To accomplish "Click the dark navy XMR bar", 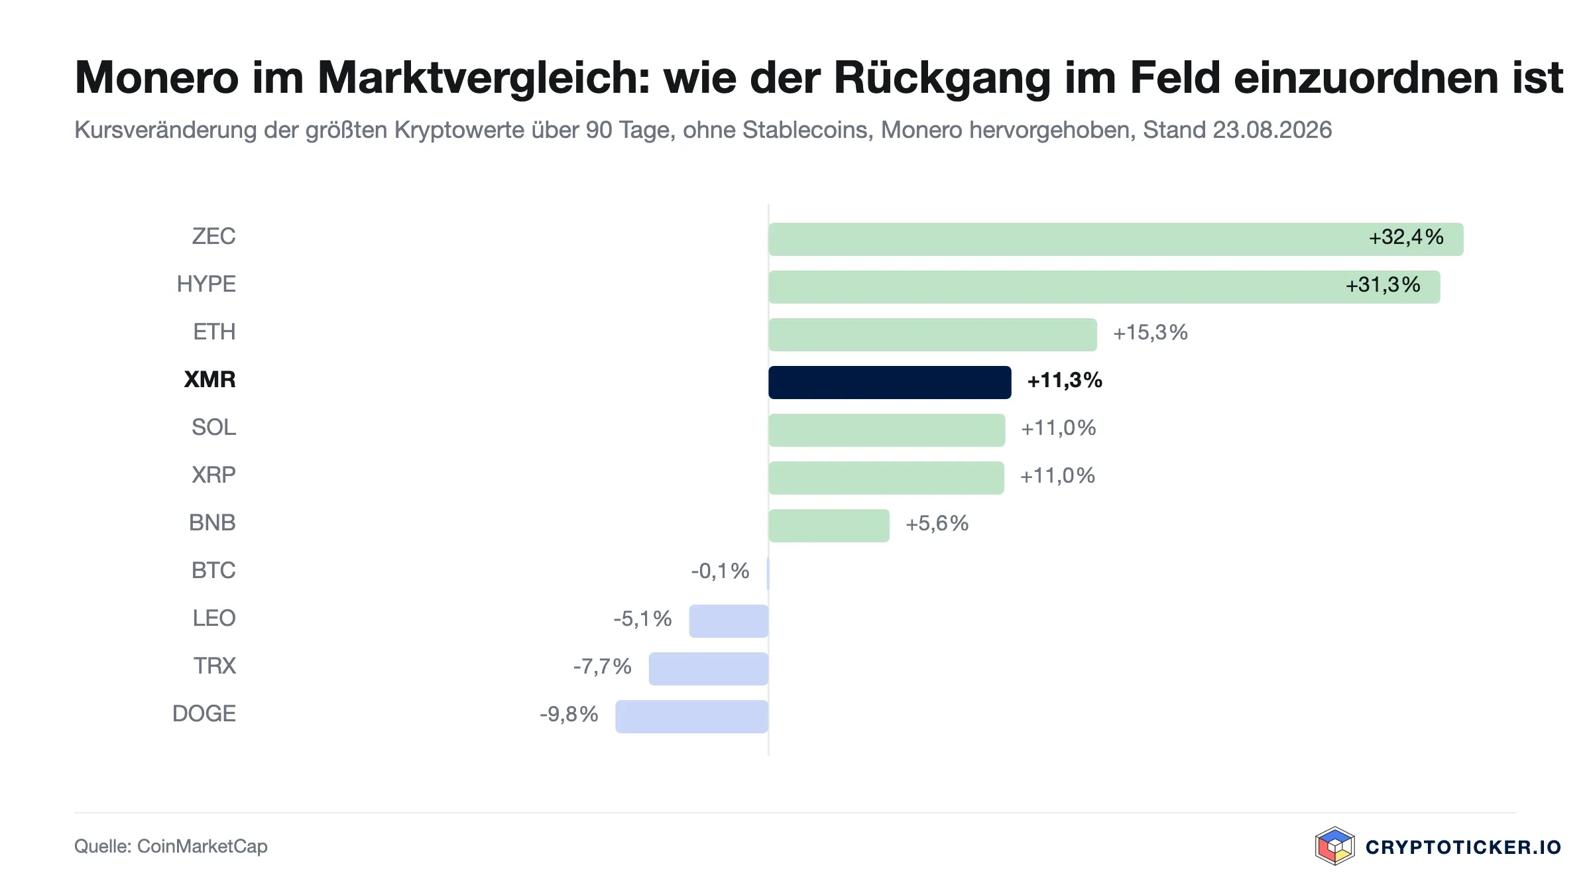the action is (890, 383).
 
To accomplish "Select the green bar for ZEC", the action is (1116, 239).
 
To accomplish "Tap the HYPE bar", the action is (1104, 287).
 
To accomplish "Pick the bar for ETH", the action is (933, 335).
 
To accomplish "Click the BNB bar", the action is (829, 526).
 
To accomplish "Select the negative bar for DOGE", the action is (691, 717).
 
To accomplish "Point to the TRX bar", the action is (709, 669).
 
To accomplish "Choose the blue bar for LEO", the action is (729, 621).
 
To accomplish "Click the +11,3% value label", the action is (1065, 381).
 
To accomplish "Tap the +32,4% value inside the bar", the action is (1406, 237).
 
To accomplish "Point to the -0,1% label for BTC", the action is (720, 571).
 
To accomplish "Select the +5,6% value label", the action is (937, 524).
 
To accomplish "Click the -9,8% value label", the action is (569, 714).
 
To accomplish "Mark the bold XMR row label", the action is (209, 379).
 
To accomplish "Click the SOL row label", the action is (213, 427).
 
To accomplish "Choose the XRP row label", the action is (213, 475).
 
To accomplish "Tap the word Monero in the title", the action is (156, 78).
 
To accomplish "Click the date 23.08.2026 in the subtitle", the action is (1272, 130).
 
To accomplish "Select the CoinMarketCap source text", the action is (202, 847).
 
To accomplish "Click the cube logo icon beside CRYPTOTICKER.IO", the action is (1334, 847).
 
